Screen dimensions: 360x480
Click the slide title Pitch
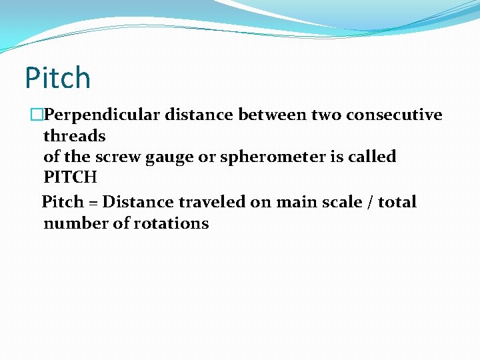coord(57,78)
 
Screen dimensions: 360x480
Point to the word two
coord(324,115)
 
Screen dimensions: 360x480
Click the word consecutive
coord(394,115)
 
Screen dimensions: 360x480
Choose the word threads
coord(75,137)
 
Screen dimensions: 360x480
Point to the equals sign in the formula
coord(93,202)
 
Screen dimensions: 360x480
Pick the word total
coord(397,201)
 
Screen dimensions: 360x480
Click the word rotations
coord(171,223)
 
